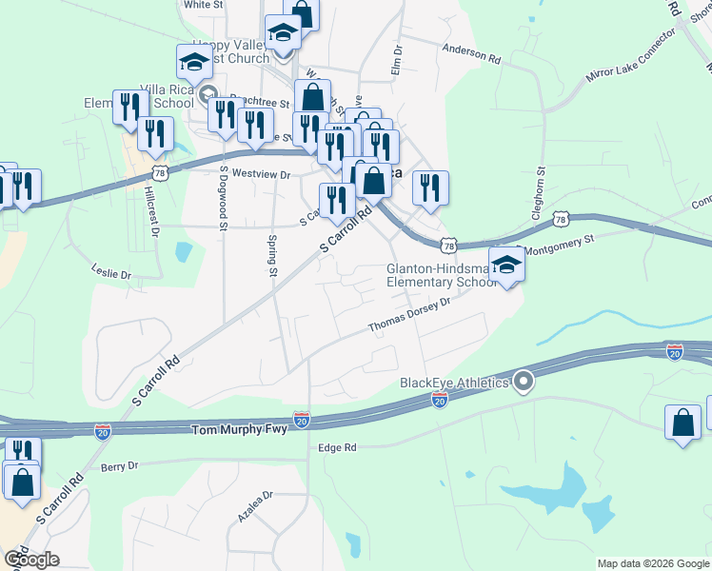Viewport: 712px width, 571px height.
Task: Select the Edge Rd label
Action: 337,447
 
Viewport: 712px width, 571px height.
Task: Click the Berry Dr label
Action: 119,466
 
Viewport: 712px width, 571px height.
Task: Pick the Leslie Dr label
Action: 111,273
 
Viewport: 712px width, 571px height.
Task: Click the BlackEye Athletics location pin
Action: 523,383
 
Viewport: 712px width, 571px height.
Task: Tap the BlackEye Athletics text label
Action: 454,383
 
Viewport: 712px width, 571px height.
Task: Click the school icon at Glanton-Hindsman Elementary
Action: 507,266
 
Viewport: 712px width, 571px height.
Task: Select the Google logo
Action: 30,560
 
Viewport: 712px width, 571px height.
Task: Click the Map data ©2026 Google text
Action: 653,563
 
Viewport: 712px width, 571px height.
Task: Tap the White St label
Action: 203,5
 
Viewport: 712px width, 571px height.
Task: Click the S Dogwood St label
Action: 224,200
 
